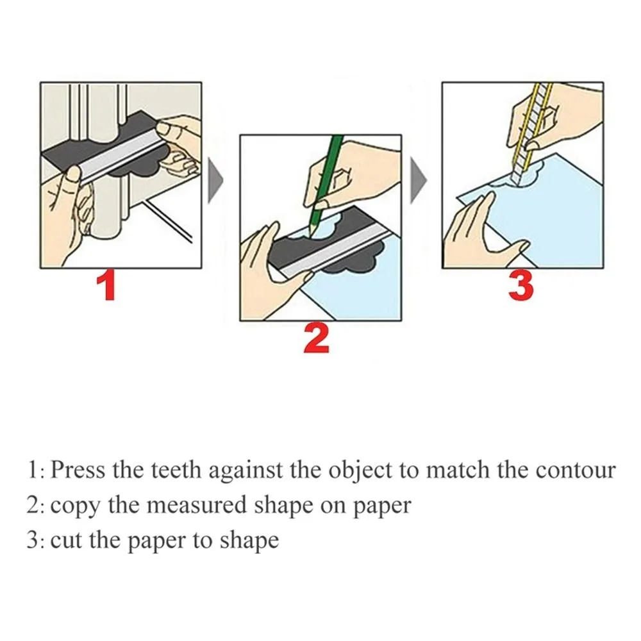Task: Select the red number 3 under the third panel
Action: [x=520, y=285]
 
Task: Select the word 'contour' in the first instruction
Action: [x=575, y=470]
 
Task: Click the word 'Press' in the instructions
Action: [x=78, y=470]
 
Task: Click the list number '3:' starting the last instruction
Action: [x=35, y=540]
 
